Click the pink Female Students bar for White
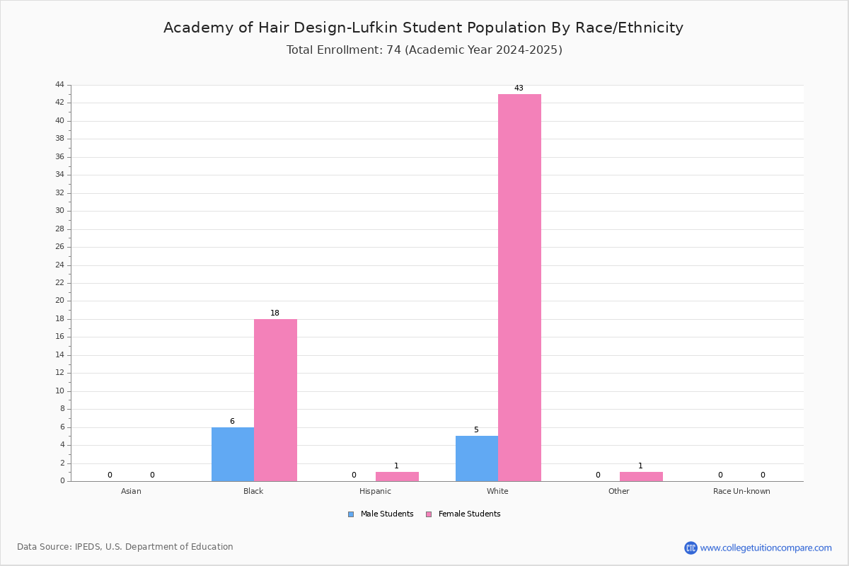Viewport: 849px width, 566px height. coord(519,288)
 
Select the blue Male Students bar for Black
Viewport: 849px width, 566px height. coord(233,454)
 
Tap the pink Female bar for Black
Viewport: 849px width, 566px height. coord(275,400)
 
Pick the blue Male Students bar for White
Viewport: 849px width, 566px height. coord(477,458)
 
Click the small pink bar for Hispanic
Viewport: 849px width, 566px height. coord(397,477)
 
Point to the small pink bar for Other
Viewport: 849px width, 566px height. coord(641,477)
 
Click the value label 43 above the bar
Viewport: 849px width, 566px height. coord(519,88)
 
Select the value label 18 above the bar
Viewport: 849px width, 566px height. coord(275,313)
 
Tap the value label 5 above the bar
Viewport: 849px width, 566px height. coord(476,429)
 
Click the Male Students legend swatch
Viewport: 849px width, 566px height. coord(351,514)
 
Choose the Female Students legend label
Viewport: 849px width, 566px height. coord(469,514)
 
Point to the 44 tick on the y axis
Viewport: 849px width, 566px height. coord(60,84)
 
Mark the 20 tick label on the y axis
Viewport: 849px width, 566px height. coord(60,300)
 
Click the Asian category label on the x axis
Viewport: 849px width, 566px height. coord(131,491)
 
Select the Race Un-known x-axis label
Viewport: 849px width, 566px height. coord(741,491)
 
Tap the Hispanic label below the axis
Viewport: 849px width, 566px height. coord(375,491)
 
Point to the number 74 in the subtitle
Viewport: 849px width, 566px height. coord(393,50)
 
